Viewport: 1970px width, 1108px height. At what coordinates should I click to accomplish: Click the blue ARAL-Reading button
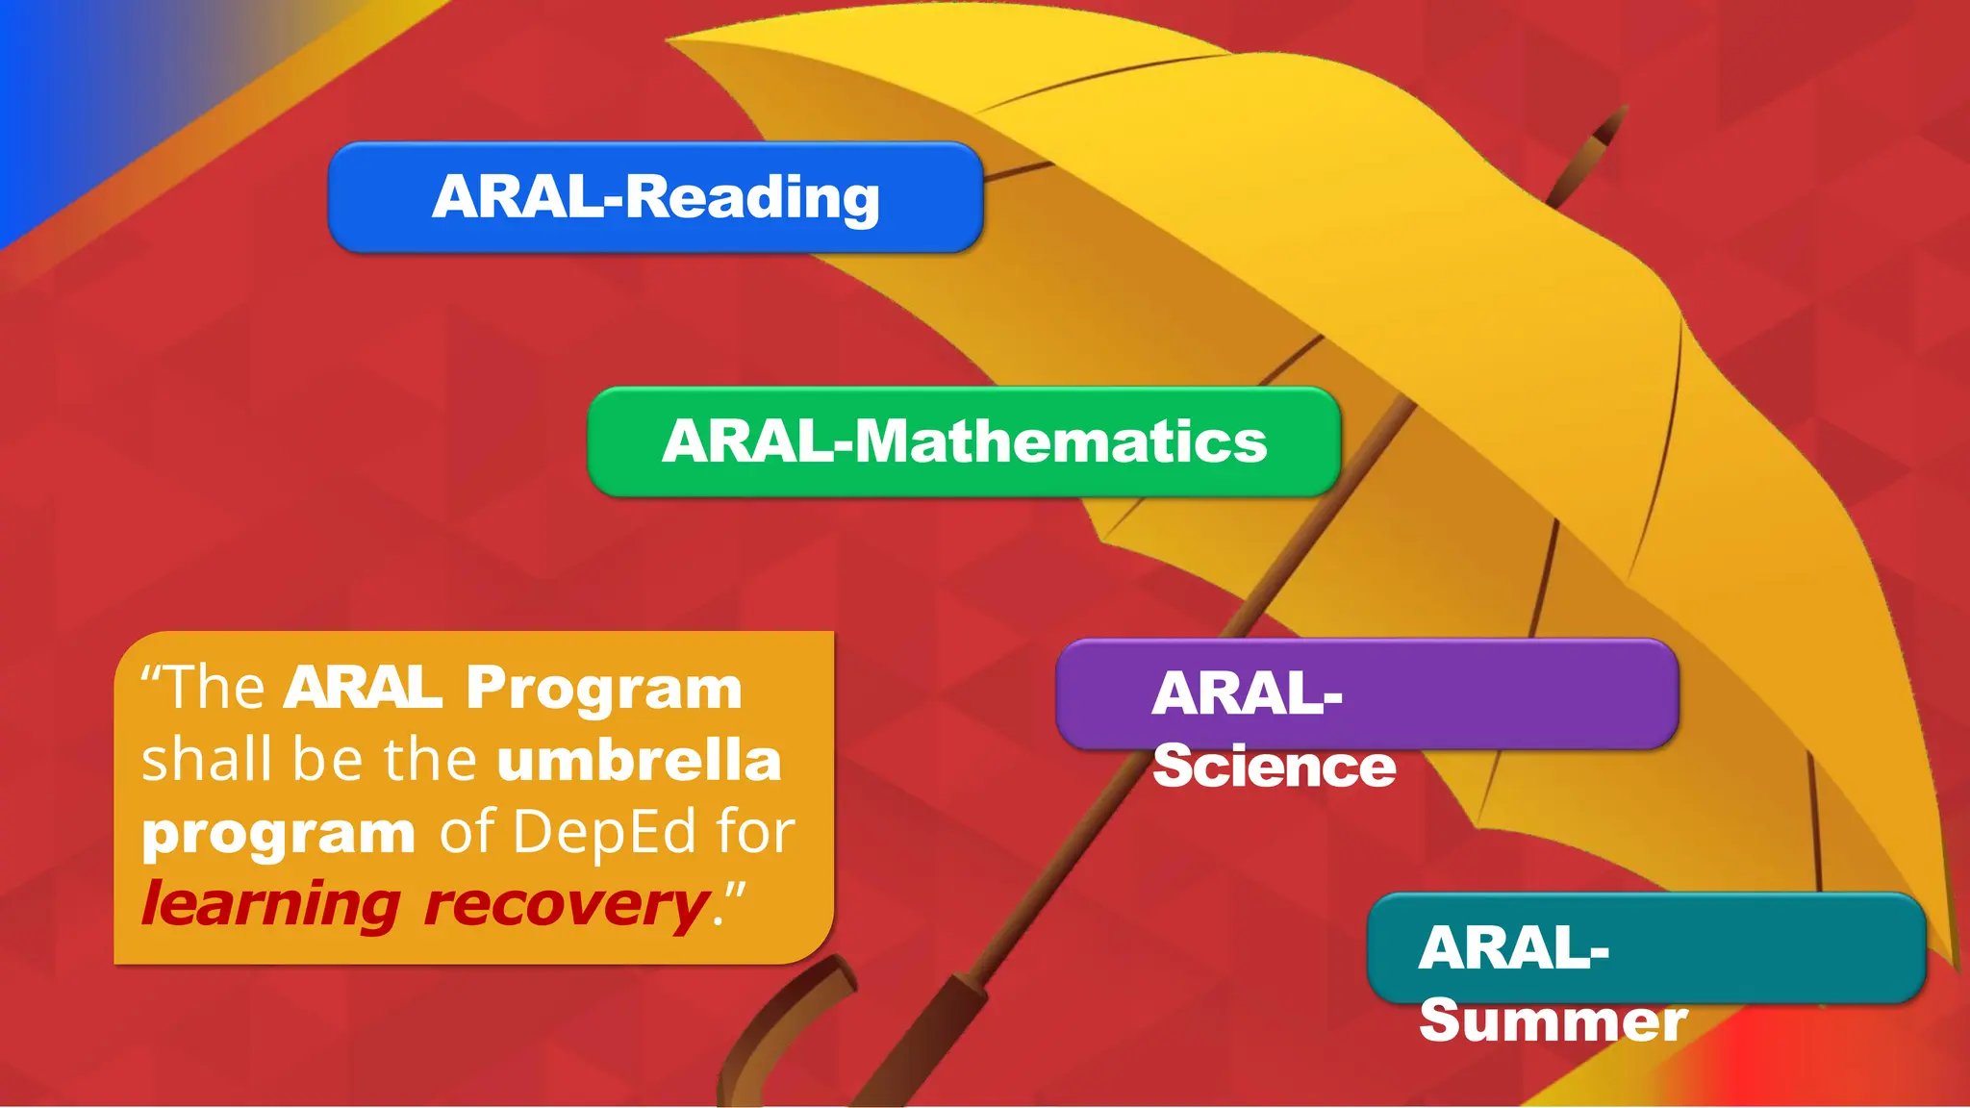coord(655,197)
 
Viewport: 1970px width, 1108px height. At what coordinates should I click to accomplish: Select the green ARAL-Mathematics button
coord(964,441)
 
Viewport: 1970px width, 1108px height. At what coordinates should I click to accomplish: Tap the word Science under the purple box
coord(1274,767)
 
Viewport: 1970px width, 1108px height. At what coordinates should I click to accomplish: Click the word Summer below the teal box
coord(1553,1020)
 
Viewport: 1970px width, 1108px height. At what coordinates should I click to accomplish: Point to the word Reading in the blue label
coord(753,197)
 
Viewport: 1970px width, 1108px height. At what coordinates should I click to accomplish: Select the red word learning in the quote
coord(270,905)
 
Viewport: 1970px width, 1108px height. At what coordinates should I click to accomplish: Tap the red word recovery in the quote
coord(566,905)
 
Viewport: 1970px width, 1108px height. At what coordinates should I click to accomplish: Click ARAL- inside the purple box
coord(1247,692)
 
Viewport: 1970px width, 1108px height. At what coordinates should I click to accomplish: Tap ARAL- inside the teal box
coord(1513,948)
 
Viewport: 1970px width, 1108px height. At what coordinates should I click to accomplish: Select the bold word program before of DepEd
coord(278,833)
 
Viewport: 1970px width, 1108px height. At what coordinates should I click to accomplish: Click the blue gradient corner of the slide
coord(58,77)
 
